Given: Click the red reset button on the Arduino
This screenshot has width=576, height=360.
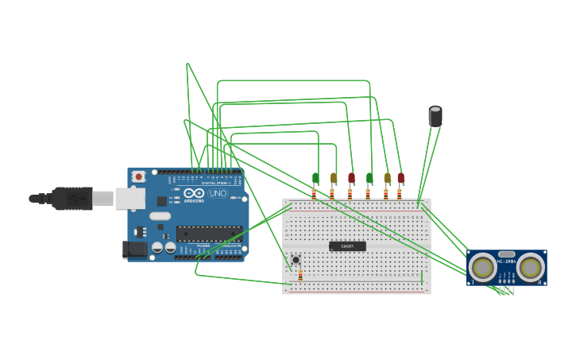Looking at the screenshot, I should (x=138, y=176).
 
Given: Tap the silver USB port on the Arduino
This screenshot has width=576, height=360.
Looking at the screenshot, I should (x=130, y=198).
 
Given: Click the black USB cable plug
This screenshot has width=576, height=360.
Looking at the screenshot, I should (x=72, y=198).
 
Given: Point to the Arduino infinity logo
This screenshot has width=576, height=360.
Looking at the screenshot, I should (x=193, y=193).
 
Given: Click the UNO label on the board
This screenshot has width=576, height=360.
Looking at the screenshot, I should (x=218, y=193).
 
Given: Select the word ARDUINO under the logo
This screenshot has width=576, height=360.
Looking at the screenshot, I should (x=193, y=201).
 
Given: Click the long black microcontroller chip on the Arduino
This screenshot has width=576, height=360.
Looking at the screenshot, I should (x=209, y=234).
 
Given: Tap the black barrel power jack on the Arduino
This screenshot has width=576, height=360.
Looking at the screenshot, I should (x=135, y=249).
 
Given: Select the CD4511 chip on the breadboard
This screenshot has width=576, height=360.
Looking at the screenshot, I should (x=347, y=246).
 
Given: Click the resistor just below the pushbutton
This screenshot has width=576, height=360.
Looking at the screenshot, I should (x=300, y=275).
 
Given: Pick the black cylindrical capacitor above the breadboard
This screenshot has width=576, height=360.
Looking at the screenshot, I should (x=435, y=117).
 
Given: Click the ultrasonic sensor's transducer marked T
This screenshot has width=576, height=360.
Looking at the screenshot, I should (x=482, y=267).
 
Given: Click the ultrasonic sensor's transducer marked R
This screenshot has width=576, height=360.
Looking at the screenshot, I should (x=530, y=267).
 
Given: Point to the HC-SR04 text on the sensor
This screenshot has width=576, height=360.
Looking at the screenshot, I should (x=506, y=261).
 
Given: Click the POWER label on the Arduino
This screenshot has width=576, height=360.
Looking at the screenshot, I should (x=203, y=246).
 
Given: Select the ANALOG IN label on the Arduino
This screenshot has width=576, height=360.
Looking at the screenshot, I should (x=230, y=246).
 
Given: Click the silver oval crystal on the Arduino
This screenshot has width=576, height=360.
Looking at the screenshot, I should (x=160, y=216).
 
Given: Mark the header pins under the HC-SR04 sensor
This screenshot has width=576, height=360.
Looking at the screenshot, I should (x=507, y=289).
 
